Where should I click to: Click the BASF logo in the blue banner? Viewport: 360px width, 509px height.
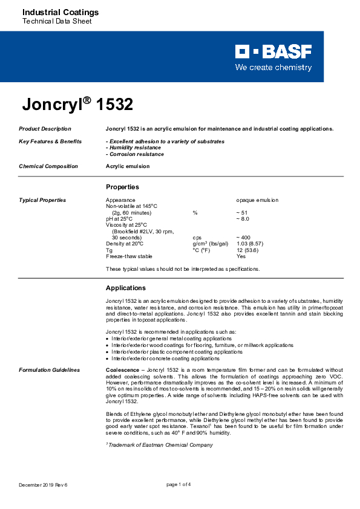(273, 51)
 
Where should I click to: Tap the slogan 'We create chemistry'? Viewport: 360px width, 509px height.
(273, 68)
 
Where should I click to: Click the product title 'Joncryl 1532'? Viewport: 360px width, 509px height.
(77, 105)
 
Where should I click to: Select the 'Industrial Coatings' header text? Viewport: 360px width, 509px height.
(52, 12)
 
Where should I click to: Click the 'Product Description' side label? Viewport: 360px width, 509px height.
(45, 129)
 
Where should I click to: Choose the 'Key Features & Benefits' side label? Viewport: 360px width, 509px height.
(50, 141)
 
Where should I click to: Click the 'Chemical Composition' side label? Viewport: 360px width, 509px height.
(48, 166)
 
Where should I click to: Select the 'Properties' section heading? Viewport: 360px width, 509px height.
(122, 187)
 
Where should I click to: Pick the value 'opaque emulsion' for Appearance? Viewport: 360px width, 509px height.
(257, 199)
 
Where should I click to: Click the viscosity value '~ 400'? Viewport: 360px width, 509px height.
(243, 238)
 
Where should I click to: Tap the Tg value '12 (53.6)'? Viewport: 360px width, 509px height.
(247, 250)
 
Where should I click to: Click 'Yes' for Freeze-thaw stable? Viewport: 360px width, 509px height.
(241, 256)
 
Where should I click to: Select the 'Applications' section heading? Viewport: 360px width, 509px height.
(125, 288)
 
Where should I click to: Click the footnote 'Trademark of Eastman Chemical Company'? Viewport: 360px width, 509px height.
(160, 445)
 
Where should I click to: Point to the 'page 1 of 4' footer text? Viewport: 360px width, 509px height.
(178, 485)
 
